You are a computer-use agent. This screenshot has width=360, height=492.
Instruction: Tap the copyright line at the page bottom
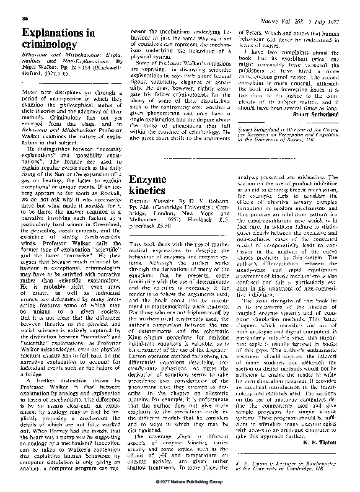click(180, 481)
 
